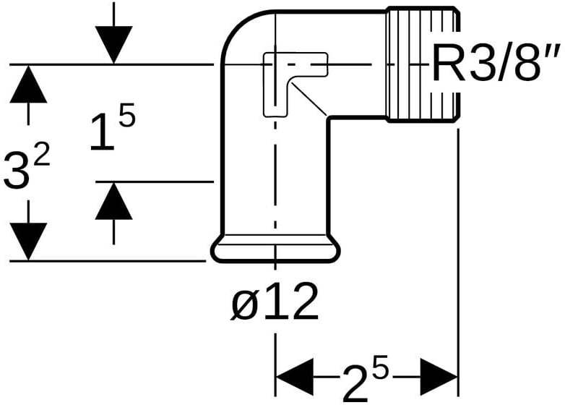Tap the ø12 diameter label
coord(275,303)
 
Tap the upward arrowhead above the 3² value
coord(28,83)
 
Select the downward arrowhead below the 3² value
coord(28,240)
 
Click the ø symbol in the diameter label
coord(244,304)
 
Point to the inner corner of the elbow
coord(329,118)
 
